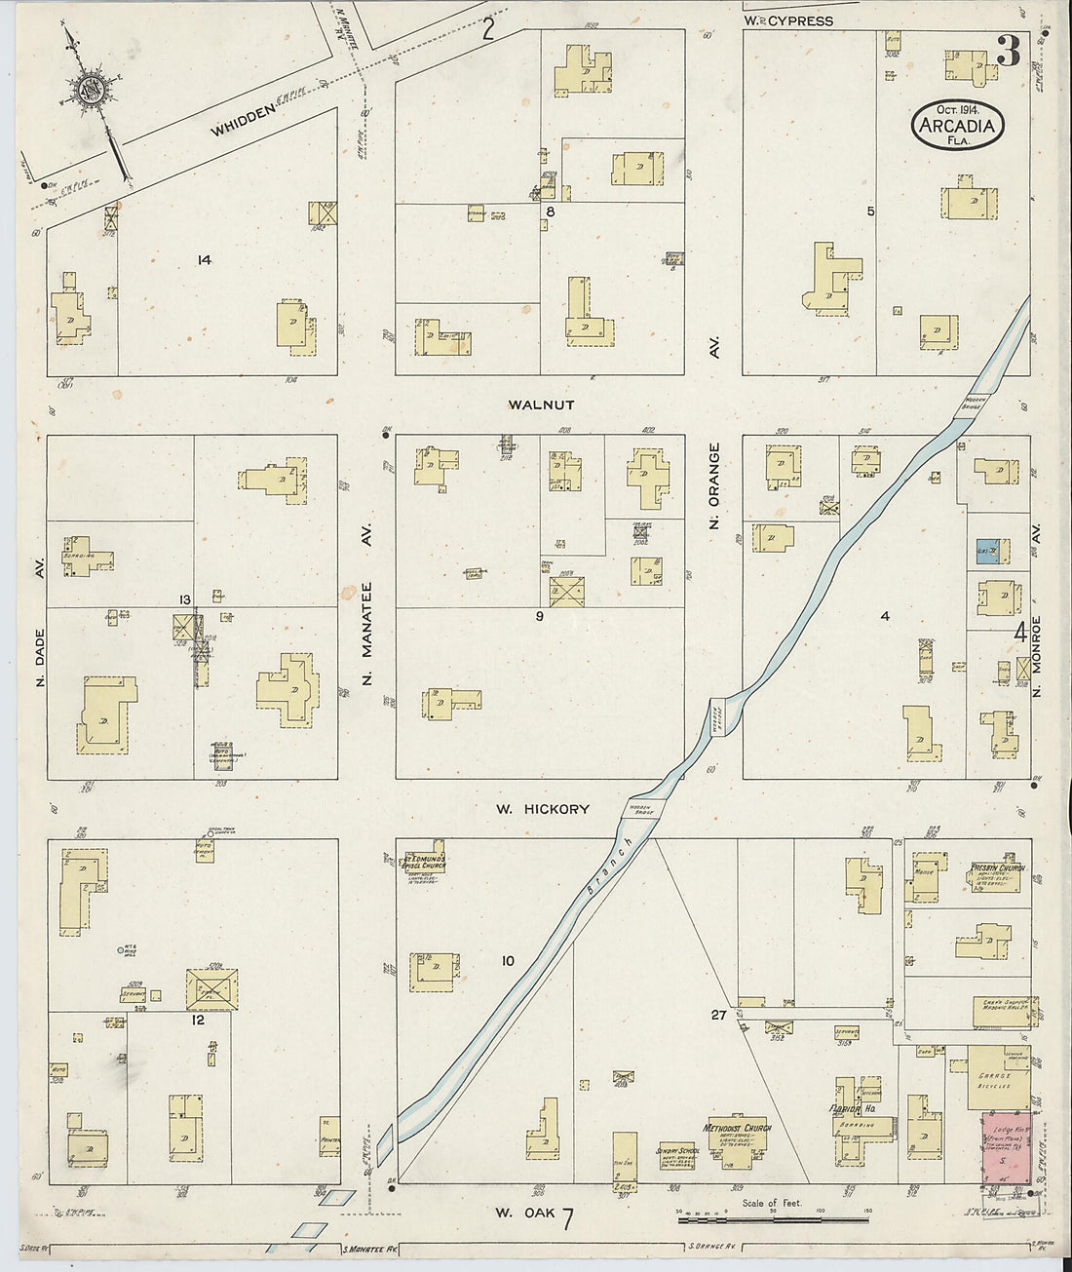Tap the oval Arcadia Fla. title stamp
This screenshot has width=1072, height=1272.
pyautogui.click(x=958, y=126)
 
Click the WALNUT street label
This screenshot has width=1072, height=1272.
pyautogui.click(x=541, y=405)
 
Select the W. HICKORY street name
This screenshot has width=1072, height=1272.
pyautogui.click(x=542, y=809)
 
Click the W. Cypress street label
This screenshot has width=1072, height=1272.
pyautogui.click(x=788, y=20)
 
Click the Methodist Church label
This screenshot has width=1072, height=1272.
pyautogui.click(x=737, y=1128)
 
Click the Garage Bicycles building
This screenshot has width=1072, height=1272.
pyautogui.click(x=998, y=1078)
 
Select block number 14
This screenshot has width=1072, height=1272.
pyautogui.click(x=204, y=259)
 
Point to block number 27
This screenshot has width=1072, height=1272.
pyautogui.click(x=718, y=1015)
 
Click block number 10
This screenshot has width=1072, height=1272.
pyautogui.click(x=507, y=961)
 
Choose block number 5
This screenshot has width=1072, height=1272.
pyautogui.click(x=870, y=212)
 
